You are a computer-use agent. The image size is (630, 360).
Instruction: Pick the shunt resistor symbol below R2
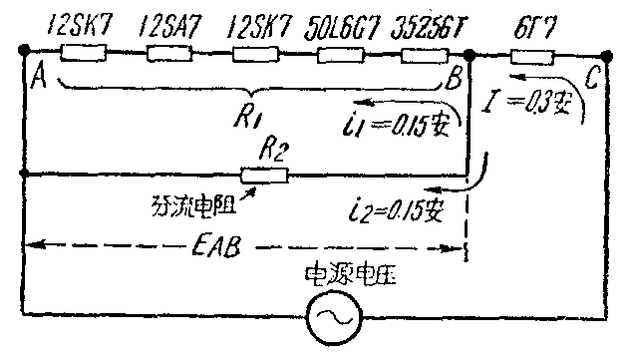(266, 176)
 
